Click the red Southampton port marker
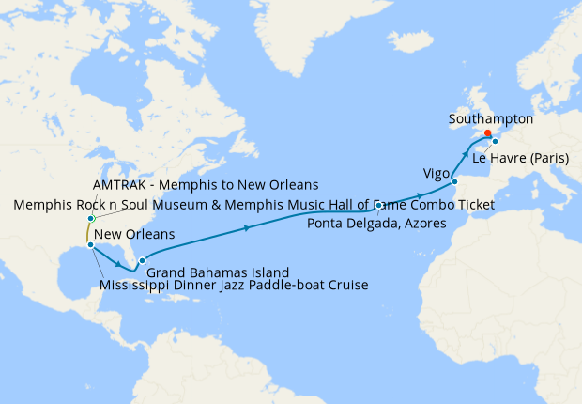(x=487, y=133)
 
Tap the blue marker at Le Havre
(x=496, y=142)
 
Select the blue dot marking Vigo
(x=454, y=181)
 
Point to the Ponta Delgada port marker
(x=378, y=205)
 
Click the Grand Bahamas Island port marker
(x=142, y=260)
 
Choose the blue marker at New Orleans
(x=90, y=245)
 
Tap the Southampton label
(x=491, y=119)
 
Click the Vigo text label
(x=436, y=174)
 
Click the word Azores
(x=426, y=221)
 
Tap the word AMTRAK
(x=123, y=183)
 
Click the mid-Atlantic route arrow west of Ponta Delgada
(x=247, y=227)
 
